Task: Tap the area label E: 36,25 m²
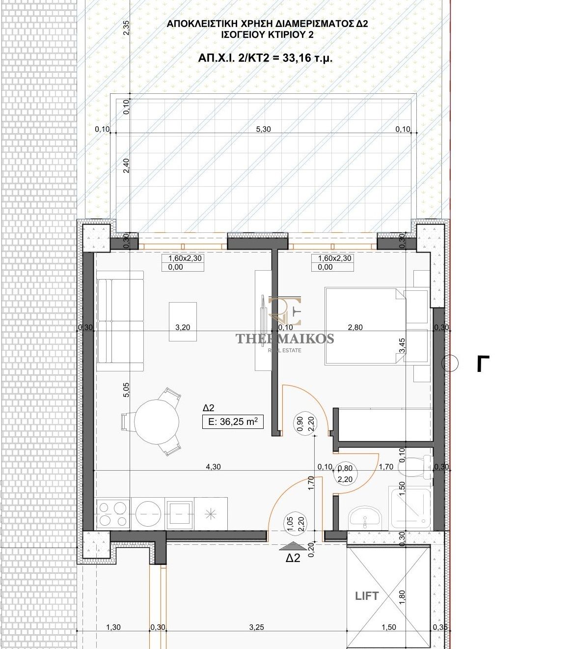[x=233, y=422]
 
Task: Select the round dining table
[x=156, y=422]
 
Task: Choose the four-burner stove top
[x=112, y=514]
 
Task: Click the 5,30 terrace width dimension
[x=263, y=129]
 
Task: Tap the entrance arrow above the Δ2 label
[x=293, y=545]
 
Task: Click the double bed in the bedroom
[x=365, y=326]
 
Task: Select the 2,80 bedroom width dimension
[x=355, y=327]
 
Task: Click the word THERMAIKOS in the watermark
[x=285, y=339]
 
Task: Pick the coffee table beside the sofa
[x=183, y=321]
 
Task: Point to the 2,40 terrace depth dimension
[x=127, y=166]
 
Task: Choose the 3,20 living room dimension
[x=183, y=327]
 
